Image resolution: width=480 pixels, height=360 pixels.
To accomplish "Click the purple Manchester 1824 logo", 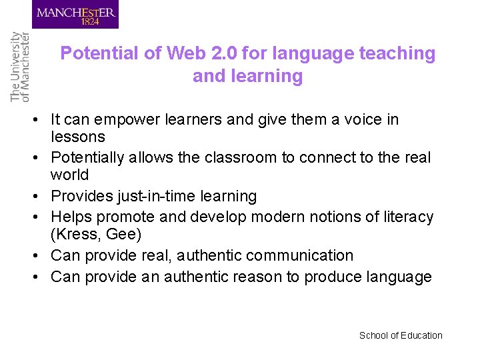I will pos(75,14).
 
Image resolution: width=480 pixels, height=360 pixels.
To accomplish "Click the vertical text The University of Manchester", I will pos(20,67).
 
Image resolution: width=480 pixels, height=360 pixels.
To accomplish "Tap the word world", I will pos(69,175).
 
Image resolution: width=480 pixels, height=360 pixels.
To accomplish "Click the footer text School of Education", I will pos(401,335).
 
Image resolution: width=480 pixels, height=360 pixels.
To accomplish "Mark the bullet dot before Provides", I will pos(39,197).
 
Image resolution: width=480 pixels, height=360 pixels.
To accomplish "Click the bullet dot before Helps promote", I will pos(39,217).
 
